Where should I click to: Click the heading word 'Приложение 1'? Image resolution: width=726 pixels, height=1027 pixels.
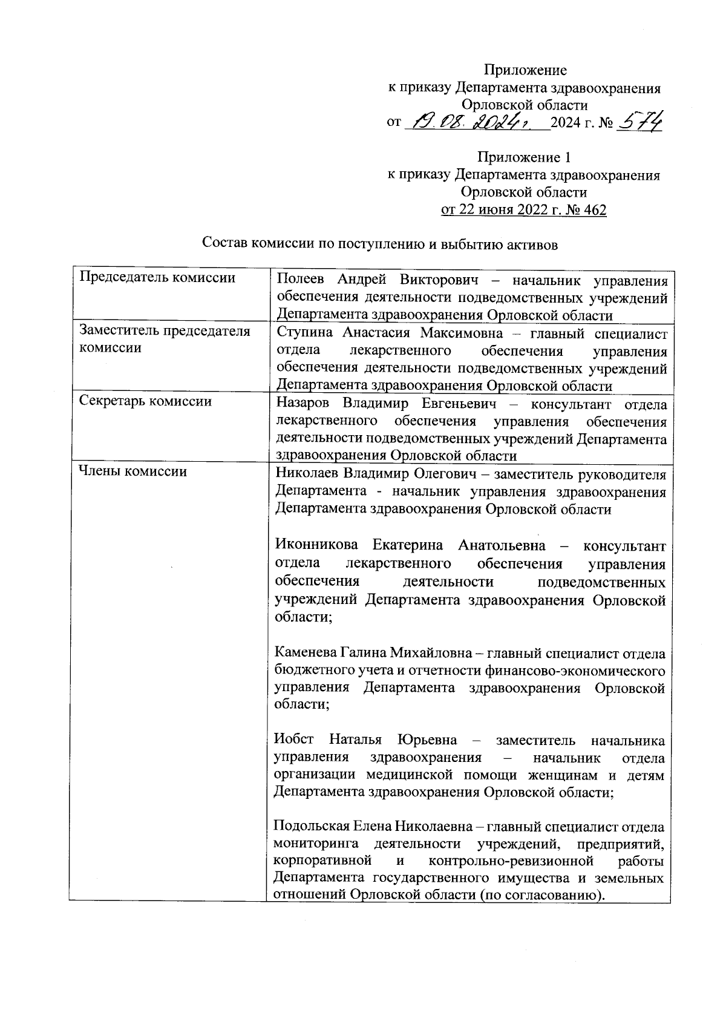tap(524, 158)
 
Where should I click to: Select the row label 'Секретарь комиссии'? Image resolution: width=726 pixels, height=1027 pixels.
tap(146, 401)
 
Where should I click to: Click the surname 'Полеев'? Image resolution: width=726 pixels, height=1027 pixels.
tap(299, 280)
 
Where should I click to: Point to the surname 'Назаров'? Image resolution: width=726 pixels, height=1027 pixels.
tap(302, 404)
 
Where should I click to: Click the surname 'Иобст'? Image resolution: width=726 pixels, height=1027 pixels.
tap(294, 740)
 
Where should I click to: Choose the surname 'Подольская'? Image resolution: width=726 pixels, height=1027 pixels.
tap(312, 827)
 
